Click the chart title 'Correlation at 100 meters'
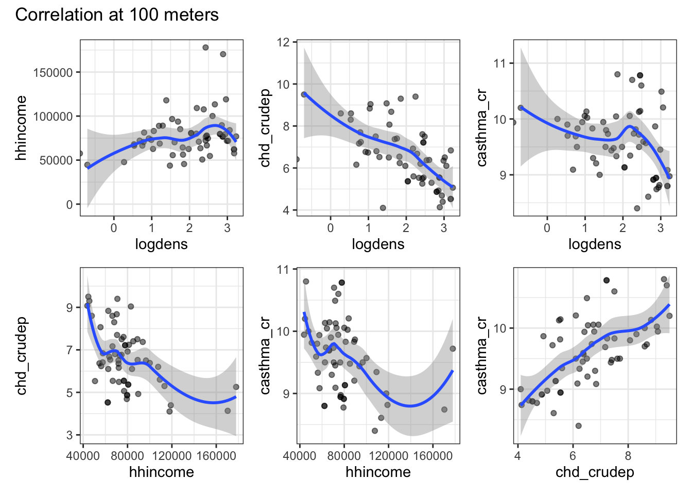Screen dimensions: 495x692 [117, 14]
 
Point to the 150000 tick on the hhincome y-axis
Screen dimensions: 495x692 [53, 73]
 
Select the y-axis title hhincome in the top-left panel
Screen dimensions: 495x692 [21, 128]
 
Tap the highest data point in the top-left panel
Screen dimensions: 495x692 [205, 47]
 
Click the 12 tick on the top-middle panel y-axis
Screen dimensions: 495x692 [284, 42]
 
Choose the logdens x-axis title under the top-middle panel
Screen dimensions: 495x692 [378, 244]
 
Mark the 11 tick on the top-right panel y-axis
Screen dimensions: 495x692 [500, 63]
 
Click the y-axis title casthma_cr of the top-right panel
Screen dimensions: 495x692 [481, 128]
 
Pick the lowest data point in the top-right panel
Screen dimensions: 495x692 [637, 208]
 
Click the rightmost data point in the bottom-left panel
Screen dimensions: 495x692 [236, 387]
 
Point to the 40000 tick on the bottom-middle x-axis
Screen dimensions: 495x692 [300, 455]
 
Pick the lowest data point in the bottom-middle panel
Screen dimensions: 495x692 [375, 431]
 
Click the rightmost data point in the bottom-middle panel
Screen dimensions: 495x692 [453, 349]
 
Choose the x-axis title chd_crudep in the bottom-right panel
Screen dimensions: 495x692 [595, 472]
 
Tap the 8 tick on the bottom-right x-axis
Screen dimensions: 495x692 [628, 455]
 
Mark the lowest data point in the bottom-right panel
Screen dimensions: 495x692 [578, 426]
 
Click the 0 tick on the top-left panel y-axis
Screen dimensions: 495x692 [70, 205]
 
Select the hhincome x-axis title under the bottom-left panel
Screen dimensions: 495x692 [162, 472]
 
